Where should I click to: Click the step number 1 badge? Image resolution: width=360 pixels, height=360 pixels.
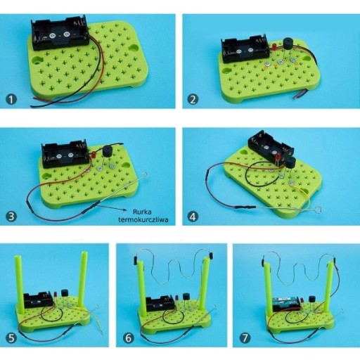tap(11, 99)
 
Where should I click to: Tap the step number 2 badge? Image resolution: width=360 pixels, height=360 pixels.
tap(193, 99)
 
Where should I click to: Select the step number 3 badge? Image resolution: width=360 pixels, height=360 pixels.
tap(11, 216)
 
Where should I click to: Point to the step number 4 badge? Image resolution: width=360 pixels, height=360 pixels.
tap(193, 217)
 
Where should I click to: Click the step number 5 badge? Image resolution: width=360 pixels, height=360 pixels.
tap(11, 338)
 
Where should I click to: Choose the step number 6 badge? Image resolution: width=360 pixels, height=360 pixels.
tap(129, 338)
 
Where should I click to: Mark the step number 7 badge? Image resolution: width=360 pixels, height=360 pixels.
tap(245, 338)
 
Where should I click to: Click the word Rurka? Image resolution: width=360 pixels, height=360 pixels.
tap(142, 212)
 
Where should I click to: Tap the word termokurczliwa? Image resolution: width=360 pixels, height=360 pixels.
tap(143, 220)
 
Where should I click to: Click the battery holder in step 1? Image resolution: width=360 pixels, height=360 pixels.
tap(60, 33)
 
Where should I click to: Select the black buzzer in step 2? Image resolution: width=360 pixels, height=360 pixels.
tap(288, 44)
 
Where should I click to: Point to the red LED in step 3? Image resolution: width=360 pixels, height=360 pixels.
tap(93, 155)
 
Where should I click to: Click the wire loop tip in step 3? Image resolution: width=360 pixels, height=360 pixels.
tap(146, 174)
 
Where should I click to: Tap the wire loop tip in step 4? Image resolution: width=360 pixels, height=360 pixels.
tap(317, 209)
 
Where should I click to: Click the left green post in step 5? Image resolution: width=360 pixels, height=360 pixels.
tap(20, 285)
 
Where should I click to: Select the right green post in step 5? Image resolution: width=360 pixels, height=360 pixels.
tap(83, 278)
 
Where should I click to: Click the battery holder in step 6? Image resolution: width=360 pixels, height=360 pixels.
tap(160, 303)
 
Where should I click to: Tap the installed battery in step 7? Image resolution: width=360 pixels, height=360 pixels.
tap(285, 300)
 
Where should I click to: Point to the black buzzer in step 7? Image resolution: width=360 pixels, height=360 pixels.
tap(312, 300)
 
